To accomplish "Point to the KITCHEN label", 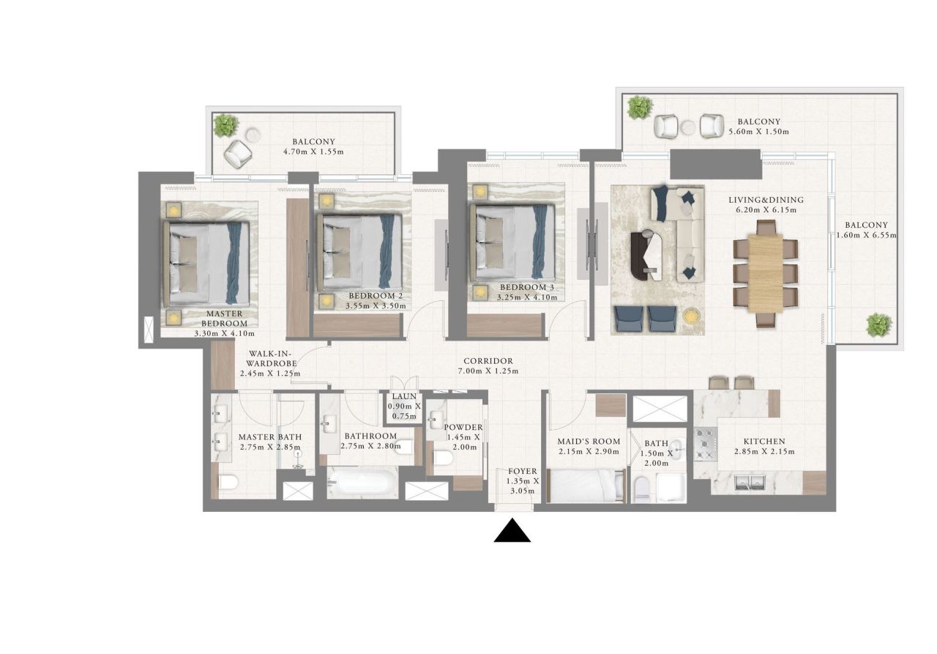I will (764, 442).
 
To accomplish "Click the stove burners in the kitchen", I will (705, 444).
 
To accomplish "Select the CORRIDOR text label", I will (488, 361).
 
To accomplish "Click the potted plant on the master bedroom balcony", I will (225, 126).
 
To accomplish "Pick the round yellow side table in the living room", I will (691, 316).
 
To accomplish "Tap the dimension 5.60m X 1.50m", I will (759, 133).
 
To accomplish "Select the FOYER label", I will (523, 471).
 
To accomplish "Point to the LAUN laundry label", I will (403, 396).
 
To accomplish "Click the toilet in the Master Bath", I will (228, 482).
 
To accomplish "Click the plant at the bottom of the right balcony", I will (878, 324).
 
